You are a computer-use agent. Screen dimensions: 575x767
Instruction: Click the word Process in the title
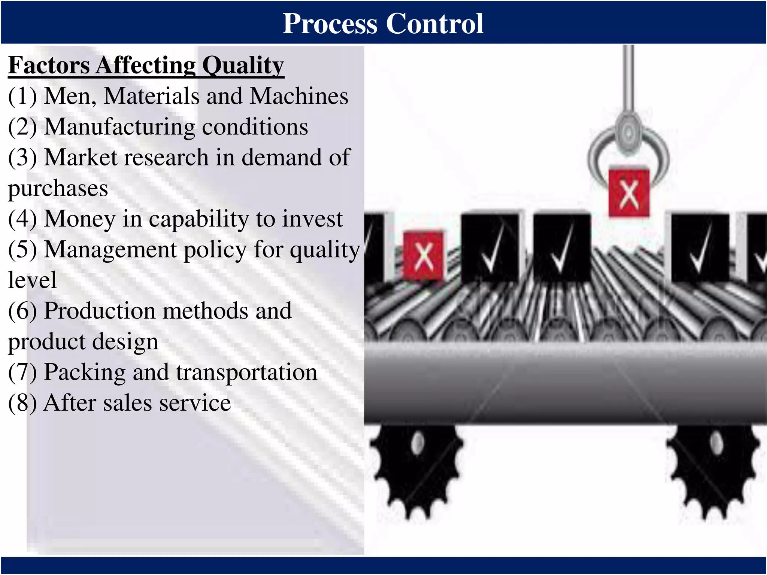(330, 24)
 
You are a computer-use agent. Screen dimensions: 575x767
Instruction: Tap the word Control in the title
(434, 24)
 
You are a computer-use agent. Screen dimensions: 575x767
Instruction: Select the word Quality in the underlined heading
(243, 66)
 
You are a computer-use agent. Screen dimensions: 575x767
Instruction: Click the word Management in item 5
(110, 249)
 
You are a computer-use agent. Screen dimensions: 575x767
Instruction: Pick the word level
(33, 280)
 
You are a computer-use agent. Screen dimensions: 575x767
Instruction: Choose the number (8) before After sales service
(22, 403)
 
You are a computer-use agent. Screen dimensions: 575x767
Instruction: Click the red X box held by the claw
(629, 193)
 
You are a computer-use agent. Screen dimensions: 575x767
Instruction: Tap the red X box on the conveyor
(423, 256)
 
